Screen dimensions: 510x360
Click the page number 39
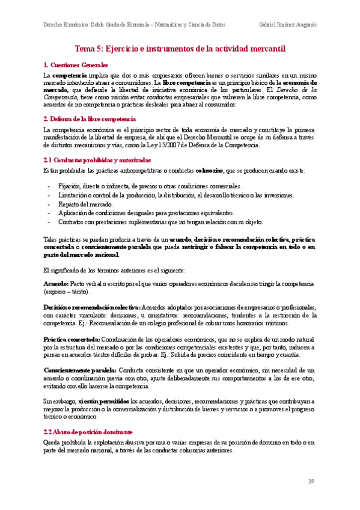coord(311,481)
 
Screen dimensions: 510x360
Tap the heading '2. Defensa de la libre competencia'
coord(90,120)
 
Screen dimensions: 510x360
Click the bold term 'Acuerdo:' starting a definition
coord(56,283)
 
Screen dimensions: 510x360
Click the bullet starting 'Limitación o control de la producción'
coord(168,195)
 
